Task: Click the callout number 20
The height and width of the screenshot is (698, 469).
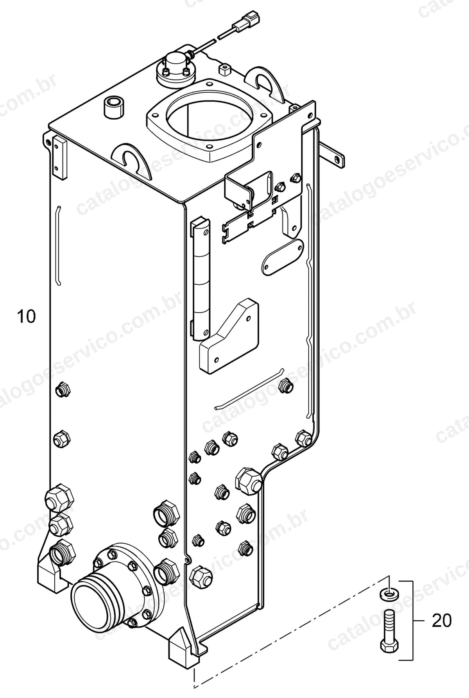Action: [442, 621]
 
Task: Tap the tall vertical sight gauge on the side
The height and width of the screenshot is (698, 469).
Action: [201, 278]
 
